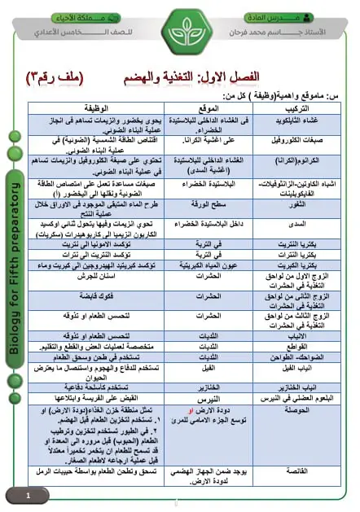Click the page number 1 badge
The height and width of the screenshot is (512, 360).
(x=27, y=495)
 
